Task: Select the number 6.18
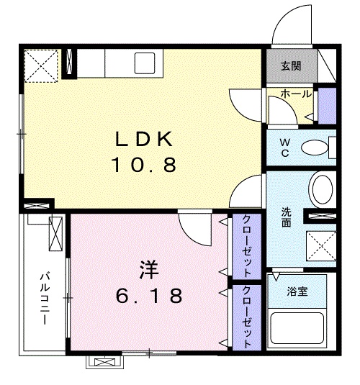click(148, 296)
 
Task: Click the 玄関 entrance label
click(291, 66)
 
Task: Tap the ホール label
click(295, 94)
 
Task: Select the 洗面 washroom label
click(286, 218)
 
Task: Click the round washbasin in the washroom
click(322, 189)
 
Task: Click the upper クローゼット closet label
click(246, 246)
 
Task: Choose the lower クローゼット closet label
click(246, 317)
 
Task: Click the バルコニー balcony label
click(44, 296)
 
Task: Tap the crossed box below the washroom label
click(321, 246)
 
